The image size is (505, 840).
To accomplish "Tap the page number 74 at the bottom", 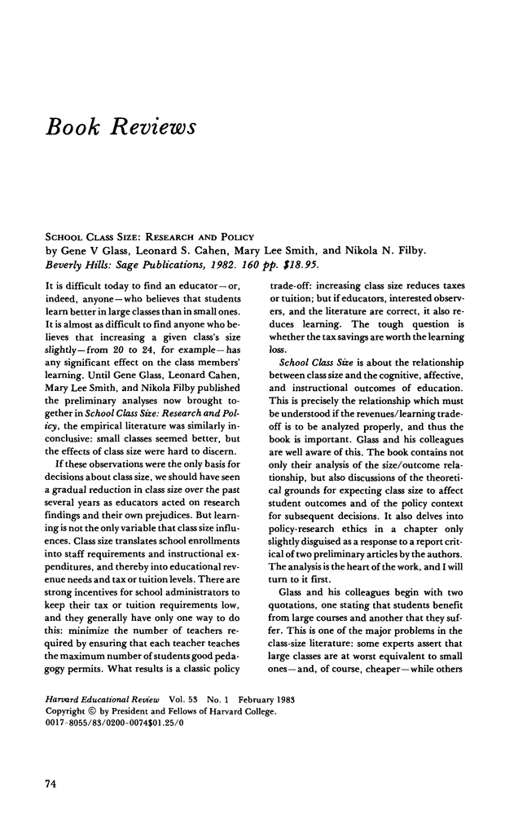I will point(50,783).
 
